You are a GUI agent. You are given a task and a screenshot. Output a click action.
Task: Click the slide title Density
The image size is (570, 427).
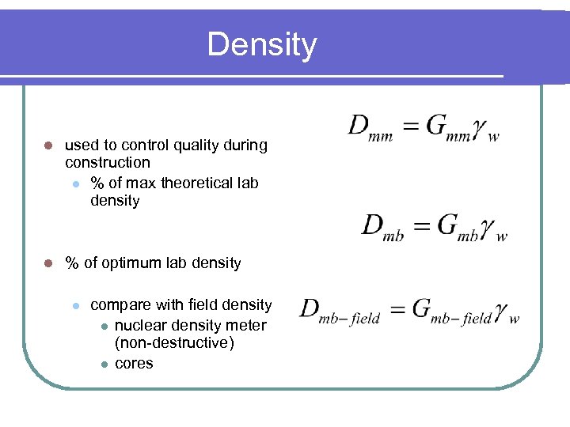pyautogui.click(x=261, y=45)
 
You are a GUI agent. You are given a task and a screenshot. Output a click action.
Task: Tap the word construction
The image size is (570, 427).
pyautogui.click(x=108, y=163)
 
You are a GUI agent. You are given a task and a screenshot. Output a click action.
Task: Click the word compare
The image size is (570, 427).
pyautogui.click(x=120, y=305)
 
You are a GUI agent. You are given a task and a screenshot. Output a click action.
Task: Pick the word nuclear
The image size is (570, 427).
pyautogui.click(x=141, y=325)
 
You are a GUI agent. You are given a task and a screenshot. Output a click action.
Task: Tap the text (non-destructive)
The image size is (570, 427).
pyautogui.click(x=174, y=344)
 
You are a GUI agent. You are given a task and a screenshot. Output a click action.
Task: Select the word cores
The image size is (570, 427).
pyautogui.click(x=134, y=364)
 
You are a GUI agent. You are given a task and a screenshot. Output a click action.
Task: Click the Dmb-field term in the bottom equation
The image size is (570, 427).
pyautogui.click(x=340, y=311)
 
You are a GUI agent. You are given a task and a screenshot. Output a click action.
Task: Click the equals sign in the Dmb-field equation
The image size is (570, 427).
pyautogui.click(x=397, y=308)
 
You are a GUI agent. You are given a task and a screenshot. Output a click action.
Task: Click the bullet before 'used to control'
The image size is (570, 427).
pyautogui.click(x=47, y=146)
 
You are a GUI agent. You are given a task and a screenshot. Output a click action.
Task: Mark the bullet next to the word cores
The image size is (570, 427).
pyautogui.click(x=103, y=365)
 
